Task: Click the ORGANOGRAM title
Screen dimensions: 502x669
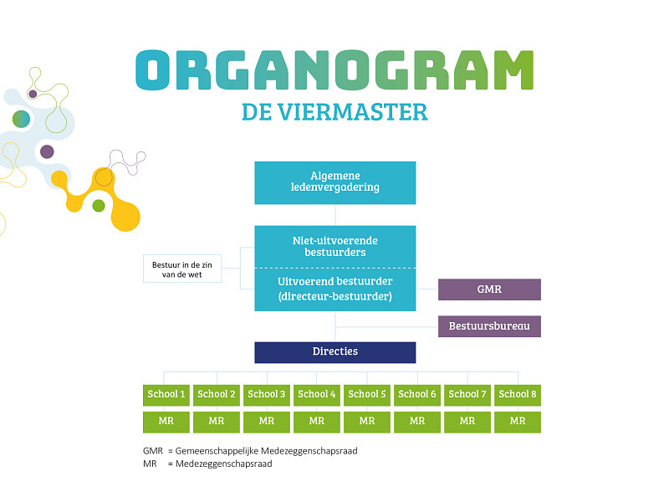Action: (x=334, y=70)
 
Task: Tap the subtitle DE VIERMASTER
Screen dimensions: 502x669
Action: (x=334, y=112)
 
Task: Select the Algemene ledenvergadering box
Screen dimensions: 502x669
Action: (x=334, y=182)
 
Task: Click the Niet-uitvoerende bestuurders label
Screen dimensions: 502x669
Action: (x=334, y=246)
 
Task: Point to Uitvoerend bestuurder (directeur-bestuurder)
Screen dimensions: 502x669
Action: (x=334, y=289)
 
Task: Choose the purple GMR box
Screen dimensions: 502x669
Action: (x=489, y=289)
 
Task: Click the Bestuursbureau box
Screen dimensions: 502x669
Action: (x=489, y=326)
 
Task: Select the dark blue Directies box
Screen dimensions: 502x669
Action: (x=334, y=352)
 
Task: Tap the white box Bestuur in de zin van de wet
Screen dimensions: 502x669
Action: (x=183, y=269)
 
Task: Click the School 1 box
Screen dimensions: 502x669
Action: (x=166, y=394)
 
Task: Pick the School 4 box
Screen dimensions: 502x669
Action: (x=317, y=394)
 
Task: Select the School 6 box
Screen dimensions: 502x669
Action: (x=417, y=394)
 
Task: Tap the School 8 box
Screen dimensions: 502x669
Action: (x=518, y=394)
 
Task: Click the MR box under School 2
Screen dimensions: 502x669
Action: (x=217, y=422)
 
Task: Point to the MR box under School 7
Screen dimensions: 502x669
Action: (x=467, y=422)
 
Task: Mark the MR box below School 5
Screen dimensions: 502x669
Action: (x=367, y=422)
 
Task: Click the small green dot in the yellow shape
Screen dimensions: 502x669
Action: (x=99, y=206)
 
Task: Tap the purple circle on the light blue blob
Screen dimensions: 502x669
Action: (x=47, y=151)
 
